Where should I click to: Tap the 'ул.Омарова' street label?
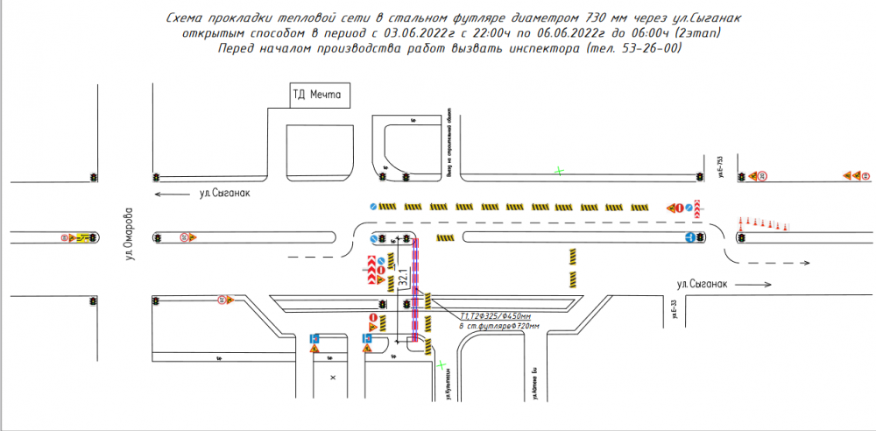click(128, 235)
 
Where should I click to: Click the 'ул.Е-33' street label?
click(675, 313)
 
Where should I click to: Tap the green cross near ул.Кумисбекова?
click(442, 364)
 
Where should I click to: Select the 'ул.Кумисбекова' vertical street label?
click(446, 386)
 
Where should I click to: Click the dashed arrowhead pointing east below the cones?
click(808, 263)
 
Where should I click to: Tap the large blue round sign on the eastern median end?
click(691, 237)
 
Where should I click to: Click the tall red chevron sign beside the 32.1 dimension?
click(371, 271)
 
